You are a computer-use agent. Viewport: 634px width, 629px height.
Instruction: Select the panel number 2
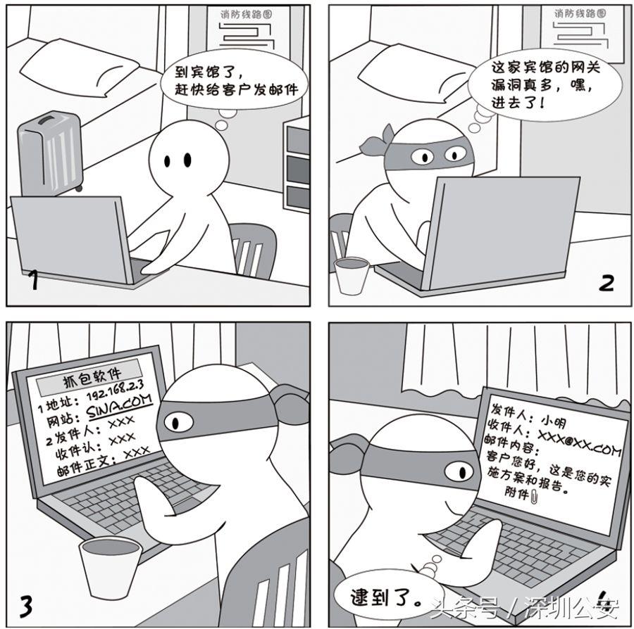607,282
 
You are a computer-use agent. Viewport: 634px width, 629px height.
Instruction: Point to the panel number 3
25,604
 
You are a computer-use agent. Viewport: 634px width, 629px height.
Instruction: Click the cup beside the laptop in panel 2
352,274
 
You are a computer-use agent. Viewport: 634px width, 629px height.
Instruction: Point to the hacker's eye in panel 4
458,469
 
